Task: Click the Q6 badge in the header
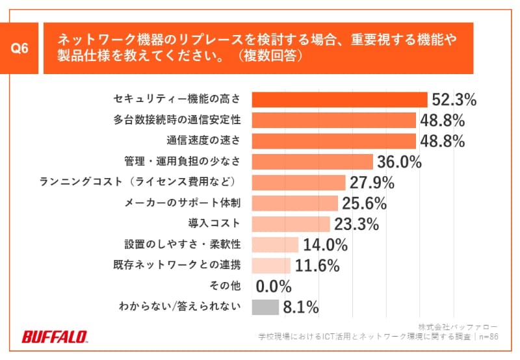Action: pyautogui.click(x=20, y=49)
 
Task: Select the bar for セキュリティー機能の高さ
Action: pyautogui.click(x=339, y=99)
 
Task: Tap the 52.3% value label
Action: pyautogui.click(x=453, y=99)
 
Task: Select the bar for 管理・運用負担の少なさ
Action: pyautogui.click(x=311, y=161)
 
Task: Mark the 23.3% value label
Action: pyautogui.click(x=356, y=224)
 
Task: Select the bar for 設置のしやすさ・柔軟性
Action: pyautogui.click(x=274, y=244)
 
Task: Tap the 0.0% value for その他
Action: pyautogui.click(x=274, y=286)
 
